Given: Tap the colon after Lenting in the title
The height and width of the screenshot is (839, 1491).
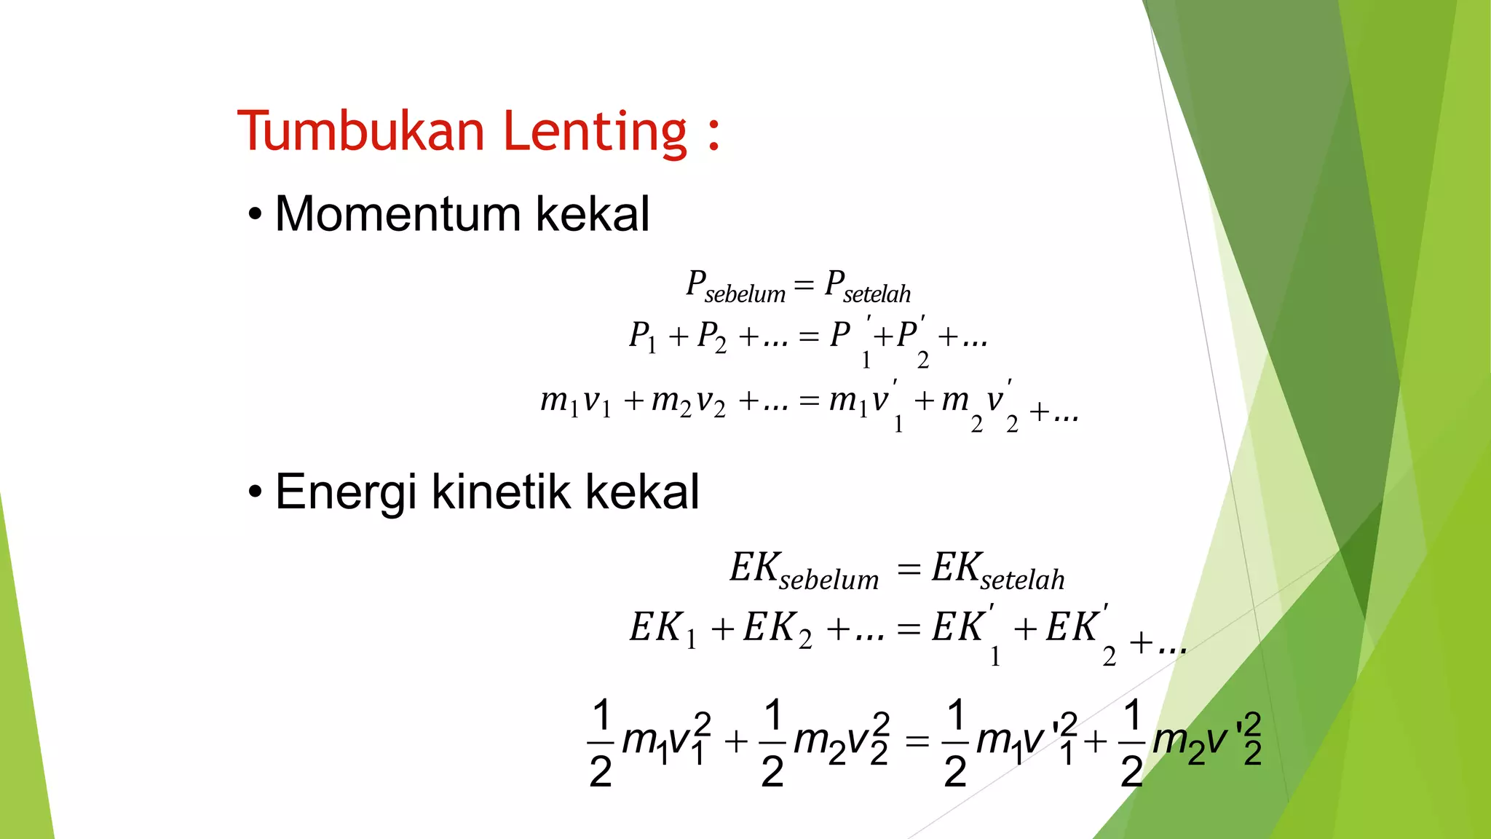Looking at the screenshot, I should point(713,135).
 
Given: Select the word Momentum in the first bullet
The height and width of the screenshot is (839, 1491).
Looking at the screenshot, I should point(397,214).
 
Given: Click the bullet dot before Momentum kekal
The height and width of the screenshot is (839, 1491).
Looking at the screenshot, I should point(254,216).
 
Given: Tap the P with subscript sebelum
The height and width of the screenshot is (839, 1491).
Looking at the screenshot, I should point(735,285).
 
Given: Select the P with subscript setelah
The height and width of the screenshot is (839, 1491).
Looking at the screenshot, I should point(867,285).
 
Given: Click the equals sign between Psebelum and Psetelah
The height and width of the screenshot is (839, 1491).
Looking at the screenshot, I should point(803,283).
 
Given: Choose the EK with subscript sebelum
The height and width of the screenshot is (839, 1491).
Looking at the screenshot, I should point(804,570).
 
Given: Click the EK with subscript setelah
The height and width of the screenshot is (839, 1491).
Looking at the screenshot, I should point(997,570).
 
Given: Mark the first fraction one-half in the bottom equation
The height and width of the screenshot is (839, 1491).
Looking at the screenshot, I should point(601,742).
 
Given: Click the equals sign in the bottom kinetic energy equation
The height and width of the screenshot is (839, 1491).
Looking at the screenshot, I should point(917,741).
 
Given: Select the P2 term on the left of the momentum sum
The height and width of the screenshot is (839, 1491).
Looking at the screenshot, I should point(711,337).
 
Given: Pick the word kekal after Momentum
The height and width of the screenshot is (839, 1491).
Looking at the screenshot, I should point(592,214).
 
